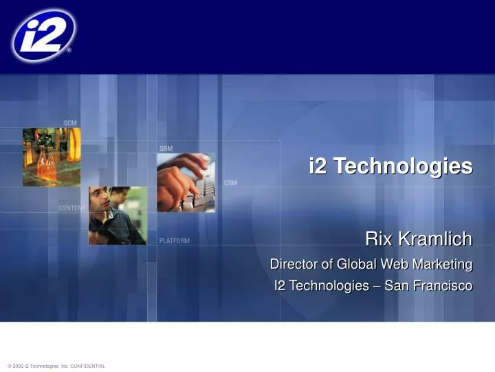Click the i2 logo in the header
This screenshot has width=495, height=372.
[43, 35]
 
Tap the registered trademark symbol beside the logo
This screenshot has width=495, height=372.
[68, 50]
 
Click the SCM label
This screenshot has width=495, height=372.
[70, 123]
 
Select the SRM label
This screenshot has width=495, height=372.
[166, 148]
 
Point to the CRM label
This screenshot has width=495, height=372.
[232, 183]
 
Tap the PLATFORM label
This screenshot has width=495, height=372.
[175, 241]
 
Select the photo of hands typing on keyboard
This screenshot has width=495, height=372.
[186, 183]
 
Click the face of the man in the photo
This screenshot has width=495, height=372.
[102, 203]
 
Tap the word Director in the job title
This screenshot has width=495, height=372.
[291, 264]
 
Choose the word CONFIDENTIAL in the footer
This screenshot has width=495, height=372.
[87, 366]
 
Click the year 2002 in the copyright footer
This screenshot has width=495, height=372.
[17, 366]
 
